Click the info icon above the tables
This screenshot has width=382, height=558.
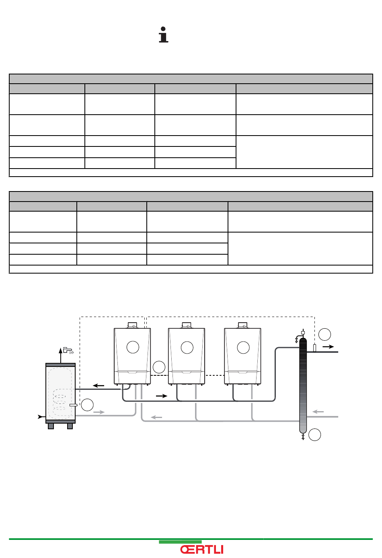click(163, 35)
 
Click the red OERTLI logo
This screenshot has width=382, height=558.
click(202, 550)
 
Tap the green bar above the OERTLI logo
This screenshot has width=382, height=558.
click(180, 542)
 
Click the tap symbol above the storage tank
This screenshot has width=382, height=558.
click(68, 350)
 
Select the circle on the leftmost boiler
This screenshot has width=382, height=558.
click(133, 347)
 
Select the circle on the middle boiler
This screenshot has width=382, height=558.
click(187, 347)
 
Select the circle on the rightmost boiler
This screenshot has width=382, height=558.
click(243, 347)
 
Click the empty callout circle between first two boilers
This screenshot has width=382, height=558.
click(159, 367)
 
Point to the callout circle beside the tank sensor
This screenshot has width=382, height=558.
click(87, 405)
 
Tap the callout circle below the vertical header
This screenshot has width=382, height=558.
click(314, 434)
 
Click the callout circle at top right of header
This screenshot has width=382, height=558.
click(325, 334)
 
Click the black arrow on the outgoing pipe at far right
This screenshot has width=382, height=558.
click(328, 346)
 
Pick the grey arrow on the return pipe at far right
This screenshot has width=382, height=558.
click(318, 412)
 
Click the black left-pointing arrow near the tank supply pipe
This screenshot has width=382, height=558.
click(99, 386)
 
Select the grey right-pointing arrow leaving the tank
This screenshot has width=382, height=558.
click(99, 412)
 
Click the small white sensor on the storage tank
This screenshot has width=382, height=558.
click(73, 405)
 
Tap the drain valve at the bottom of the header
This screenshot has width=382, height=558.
click(303, 437)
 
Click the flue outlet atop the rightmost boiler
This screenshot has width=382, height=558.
click(243, 325)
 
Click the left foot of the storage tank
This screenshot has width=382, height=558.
click(51, 426)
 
